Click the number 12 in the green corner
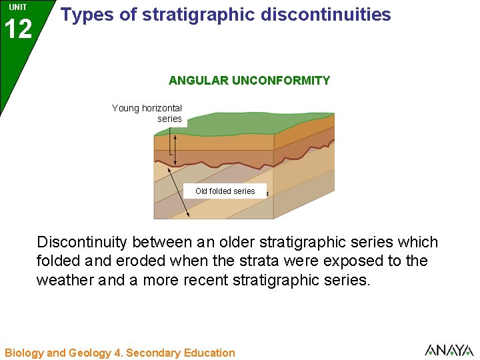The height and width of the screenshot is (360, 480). pos(17,29)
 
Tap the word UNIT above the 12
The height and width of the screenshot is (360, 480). pos(18,7)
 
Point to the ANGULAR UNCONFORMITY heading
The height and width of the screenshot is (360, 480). pos(249,81)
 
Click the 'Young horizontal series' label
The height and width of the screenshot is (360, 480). pos(147,113)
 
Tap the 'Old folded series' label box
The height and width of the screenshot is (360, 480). pos(225,191)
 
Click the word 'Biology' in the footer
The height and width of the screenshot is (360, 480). pos(23,353)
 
